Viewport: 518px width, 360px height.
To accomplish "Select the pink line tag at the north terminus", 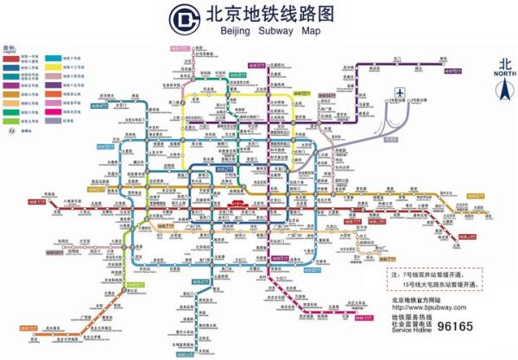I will point(256,64).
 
